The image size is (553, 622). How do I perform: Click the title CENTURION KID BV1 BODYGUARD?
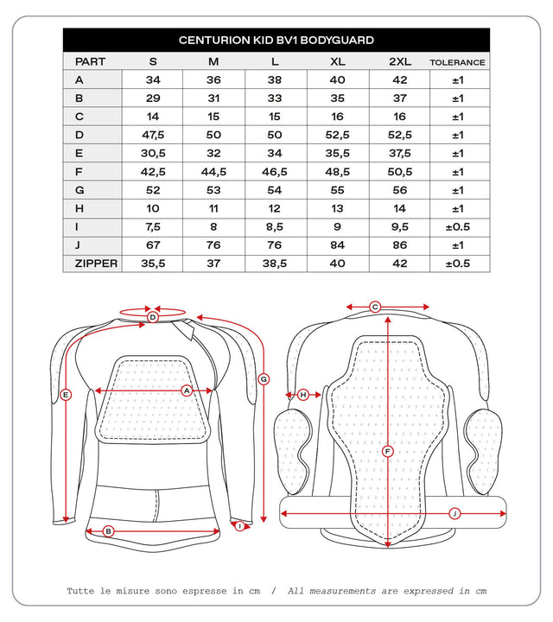point(276,40)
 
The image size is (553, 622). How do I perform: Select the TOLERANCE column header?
point(457,62)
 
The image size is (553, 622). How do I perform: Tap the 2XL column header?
point(399,62)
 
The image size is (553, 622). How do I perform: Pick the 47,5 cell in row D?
point(153,135)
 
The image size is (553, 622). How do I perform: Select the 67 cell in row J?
point(153,245)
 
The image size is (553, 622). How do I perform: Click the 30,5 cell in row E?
point(153,153)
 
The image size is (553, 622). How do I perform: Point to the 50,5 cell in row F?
point(399,172)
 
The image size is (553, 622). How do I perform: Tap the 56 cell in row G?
point(399,190)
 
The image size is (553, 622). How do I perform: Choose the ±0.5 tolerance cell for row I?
point(457,226)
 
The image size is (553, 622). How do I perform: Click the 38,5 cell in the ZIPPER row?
point(276,263)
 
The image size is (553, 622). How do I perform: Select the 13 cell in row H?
point(337,208)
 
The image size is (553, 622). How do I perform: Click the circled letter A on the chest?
point(186,390)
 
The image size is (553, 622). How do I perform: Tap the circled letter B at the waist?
point(109,531)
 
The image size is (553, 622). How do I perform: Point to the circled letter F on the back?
point(387,451)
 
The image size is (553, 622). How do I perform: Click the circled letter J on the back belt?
point(454,513)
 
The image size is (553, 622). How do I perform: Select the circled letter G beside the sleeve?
point(264,378)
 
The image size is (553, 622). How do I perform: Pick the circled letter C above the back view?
point(375,307)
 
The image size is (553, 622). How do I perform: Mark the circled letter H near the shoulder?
point(303,395)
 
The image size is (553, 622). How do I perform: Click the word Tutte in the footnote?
point(85,591)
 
